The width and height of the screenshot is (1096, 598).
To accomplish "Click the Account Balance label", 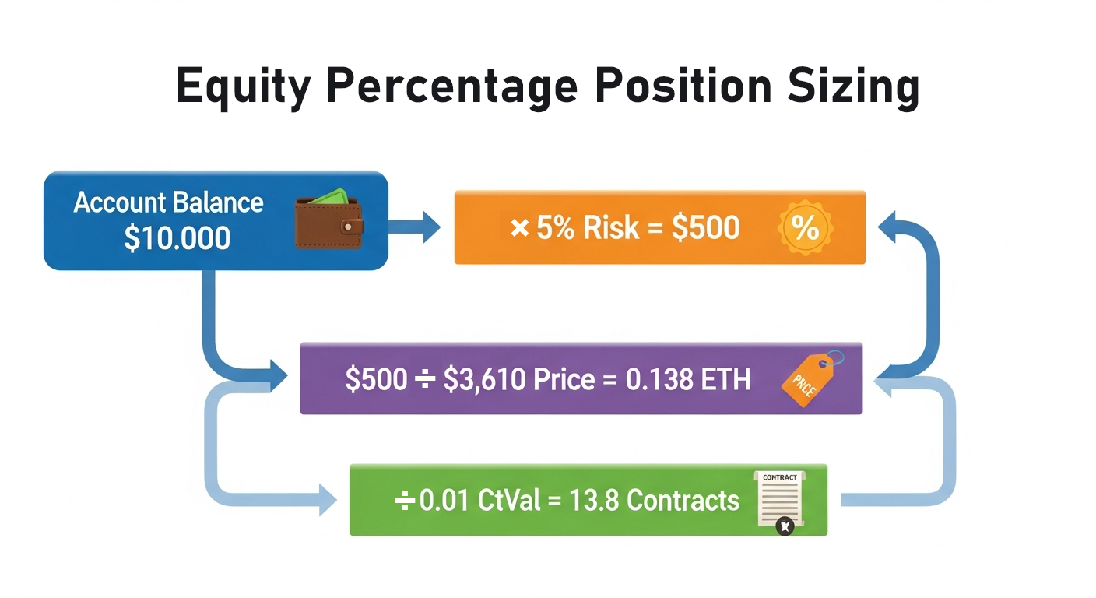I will point(169,203).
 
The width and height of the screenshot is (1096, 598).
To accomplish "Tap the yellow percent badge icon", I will point(805,228).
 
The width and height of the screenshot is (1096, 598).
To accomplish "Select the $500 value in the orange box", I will point(706,228).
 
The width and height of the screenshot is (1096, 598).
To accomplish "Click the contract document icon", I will point(780,501).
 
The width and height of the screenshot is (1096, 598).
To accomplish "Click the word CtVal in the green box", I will point(514,500).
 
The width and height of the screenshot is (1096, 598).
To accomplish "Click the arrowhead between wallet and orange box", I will point(428,227).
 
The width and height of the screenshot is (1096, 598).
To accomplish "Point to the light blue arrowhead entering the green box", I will point(327,499).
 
